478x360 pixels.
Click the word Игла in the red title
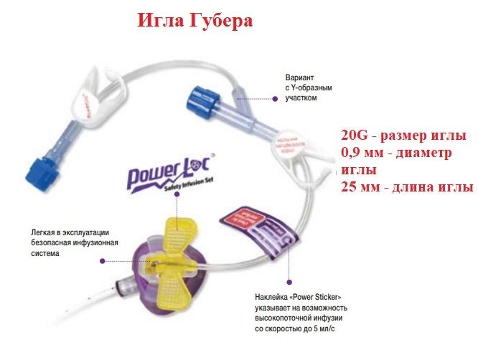[161, 21]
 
